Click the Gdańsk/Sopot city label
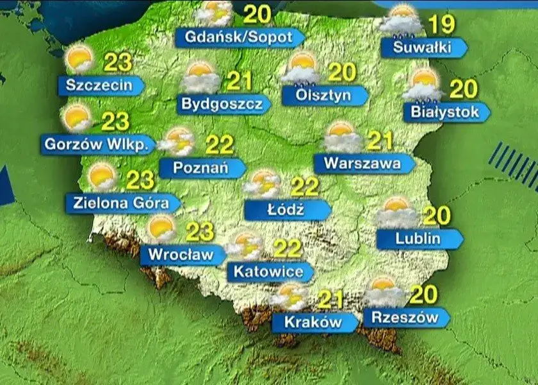[x=238, y=37]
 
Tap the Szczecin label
[x=99, y=85]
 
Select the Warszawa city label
[x=362, y=163]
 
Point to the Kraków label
[x=313, y=321]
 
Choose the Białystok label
[x=444, y=112]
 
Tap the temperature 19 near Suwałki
[x=441, y=25]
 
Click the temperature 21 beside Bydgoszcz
[x=239, y=81]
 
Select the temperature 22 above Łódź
[x=304, y=187]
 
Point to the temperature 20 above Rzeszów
[x=423, y=295]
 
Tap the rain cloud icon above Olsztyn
[x=301, y=69]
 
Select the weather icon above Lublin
[x=396, y=212]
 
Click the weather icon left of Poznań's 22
[x=177, y=141]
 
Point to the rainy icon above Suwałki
[x=402, y=21]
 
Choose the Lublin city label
[x=418, y=239]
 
